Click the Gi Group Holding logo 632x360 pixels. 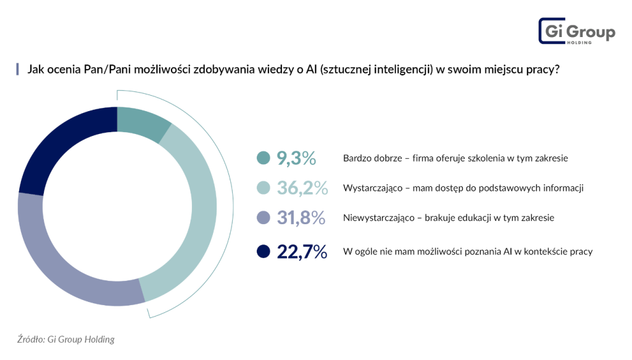(x=576, y=31)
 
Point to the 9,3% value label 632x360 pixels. (x=296, y=159)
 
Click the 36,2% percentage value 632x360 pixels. (x=302, y=188)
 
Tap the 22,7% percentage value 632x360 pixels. (x=302, y=251)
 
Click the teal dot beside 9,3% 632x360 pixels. (x=264, y=159)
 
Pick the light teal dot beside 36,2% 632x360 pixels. (x=264, y=188)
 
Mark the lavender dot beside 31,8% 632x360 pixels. (x=264, y=217)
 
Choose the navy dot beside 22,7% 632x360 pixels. (x=264, y=251)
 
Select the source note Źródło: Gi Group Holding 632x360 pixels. (x=66, y=339)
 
